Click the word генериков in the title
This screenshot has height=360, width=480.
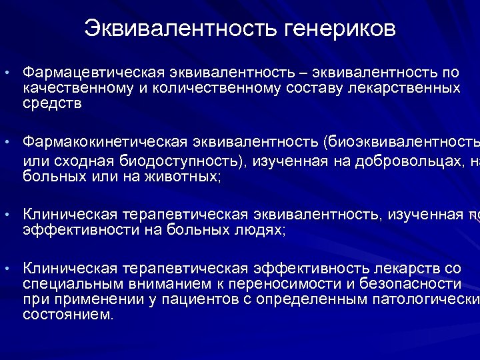tap(341, 29)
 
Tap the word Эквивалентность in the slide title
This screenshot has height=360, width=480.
tap(181, 29)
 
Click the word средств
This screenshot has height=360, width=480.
tap(52, 104)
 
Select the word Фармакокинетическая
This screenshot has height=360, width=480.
tap(105, 141)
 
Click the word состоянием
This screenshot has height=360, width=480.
tap(68, 315)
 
